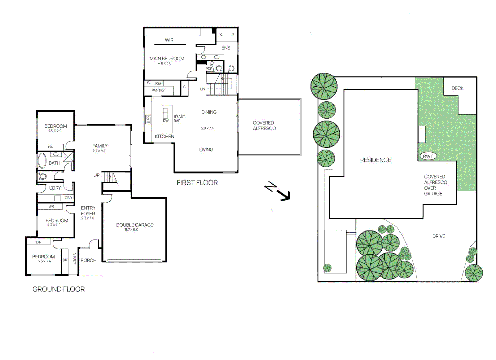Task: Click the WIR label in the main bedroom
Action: tap(169, 40)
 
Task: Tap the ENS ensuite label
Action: tap(226, 48)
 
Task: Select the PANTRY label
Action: tap(158, 90)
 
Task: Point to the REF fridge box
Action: tap(158, 83)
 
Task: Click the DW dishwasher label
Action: tap(166, 121)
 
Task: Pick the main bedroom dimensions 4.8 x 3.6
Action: tap(165, 63)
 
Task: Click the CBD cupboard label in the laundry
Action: tap(68, 198)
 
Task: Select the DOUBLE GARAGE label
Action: tap(135, 225)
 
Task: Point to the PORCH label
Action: tap(89, 260)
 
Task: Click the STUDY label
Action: tap(75, 259)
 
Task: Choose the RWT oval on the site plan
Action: tap(428, 156)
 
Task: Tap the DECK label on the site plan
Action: tap(457, 88)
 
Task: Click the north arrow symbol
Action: tap(277, 191)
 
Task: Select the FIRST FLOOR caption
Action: tap(197, 183)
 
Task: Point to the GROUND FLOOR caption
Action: tap(58, 289)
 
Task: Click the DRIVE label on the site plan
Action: tap(439, 236)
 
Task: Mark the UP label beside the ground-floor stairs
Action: tap(96, 175)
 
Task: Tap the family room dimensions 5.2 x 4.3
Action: tap(99, 150)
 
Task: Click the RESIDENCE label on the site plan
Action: tap(376, 160)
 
